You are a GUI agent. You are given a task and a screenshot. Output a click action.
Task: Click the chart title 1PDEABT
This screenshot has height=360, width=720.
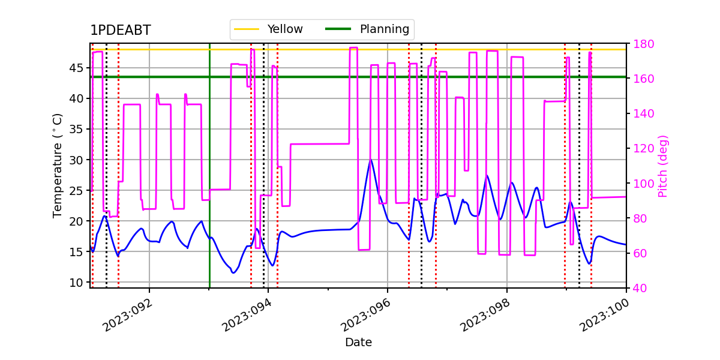pyautogui.click(x=121, y=30)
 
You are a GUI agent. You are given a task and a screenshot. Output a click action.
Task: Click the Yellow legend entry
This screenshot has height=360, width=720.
pyautogui.click(x=268, y=29)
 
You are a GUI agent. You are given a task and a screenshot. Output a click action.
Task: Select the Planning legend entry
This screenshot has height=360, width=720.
pyautogui.click(x=367, y=29)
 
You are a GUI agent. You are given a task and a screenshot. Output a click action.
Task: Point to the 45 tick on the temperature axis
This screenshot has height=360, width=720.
pyautogui.click(x=76, y=68)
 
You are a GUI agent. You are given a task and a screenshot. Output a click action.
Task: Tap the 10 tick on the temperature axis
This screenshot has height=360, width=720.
pyautogui.click(x=76, y=283)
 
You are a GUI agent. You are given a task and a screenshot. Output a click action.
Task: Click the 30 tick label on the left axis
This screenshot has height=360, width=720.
pyautogui.click(x=76, y=160)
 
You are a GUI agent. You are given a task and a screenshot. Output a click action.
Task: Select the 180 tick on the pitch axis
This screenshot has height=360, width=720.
pyautogui.click(x=643, y=44)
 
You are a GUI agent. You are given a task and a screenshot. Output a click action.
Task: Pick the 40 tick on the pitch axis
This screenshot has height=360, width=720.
pyautogui.click(x=640, y=288)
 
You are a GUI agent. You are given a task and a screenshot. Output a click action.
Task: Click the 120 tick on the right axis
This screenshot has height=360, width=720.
pyautogui.click(x=643, y=149)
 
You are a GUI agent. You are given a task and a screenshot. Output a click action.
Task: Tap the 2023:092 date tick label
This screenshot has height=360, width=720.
pyautogui.click(x=128, y=316)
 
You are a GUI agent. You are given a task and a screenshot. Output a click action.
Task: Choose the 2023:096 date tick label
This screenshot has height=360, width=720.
pyautogui.click(x=366, y=316)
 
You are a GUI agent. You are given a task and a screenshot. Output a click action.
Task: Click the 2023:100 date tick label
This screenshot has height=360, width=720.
pyautogui.click(x=605, y=316)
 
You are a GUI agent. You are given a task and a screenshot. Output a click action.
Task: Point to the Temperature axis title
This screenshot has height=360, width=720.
pyautogui.click(x=57, y=166)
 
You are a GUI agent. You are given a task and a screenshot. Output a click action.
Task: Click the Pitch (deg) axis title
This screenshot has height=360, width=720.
pyautogui.click(x=663, y=166)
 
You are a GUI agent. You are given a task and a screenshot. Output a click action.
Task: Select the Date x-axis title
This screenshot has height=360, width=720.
pyautogui.click(x=358, y=343)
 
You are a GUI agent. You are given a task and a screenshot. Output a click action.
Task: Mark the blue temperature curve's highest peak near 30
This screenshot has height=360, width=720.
pyautogui.click(x=371, y=160)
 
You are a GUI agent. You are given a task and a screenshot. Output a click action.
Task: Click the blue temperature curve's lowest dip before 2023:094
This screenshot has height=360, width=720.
pyautogui.click(x=233, y=273)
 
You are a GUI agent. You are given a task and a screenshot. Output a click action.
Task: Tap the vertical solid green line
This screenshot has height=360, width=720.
pyautogui.click(x=209, y=166)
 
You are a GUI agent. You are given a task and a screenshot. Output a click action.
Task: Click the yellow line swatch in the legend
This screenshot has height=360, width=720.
pyautogui.click(x=247, y=29)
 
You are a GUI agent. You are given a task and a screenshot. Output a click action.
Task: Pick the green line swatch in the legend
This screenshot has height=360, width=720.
pyautogui.click(x=338, y=29)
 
